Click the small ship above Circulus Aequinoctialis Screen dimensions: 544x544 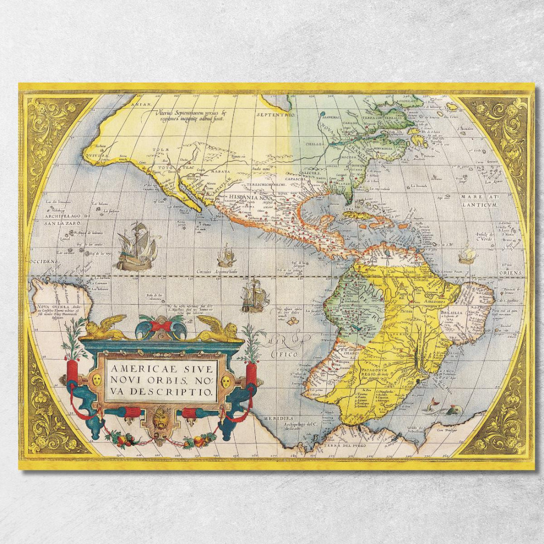tap(227, 256)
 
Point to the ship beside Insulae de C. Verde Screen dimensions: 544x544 tap(466, 255)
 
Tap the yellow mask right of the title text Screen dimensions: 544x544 tap(226, 381)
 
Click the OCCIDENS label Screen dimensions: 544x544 tap(44, 261)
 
